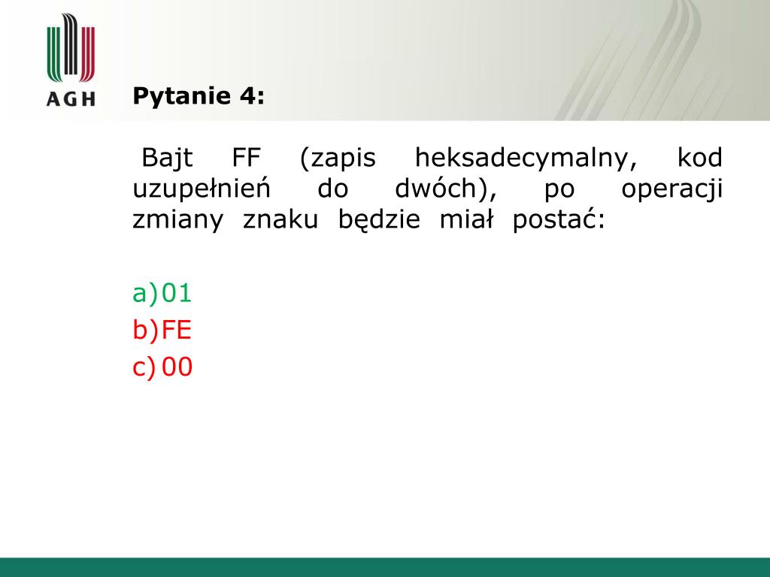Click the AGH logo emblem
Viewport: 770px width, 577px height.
coord(71,47)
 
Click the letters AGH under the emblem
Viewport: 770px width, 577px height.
coord(71,98)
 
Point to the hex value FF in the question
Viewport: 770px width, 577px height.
coord(246,158)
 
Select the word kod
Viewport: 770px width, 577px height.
coord(700,158)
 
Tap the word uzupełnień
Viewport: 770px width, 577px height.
coord(202,189)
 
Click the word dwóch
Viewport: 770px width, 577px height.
coord(435,189)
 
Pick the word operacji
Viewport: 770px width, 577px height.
coord(671,189)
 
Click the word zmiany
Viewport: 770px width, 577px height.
coord(177,220)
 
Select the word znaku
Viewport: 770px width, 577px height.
coord(280,220)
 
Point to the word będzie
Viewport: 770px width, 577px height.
coord(379,220)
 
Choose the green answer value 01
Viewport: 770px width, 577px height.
coord(176,293)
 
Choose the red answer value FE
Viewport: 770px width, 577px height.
coord(176,330)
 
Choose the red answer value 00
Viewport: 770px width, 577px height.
coord(177,367)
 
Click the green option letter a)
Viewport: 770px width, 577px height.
coord(145,294)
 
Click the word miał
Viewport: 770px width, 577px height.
coord(466,219)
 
